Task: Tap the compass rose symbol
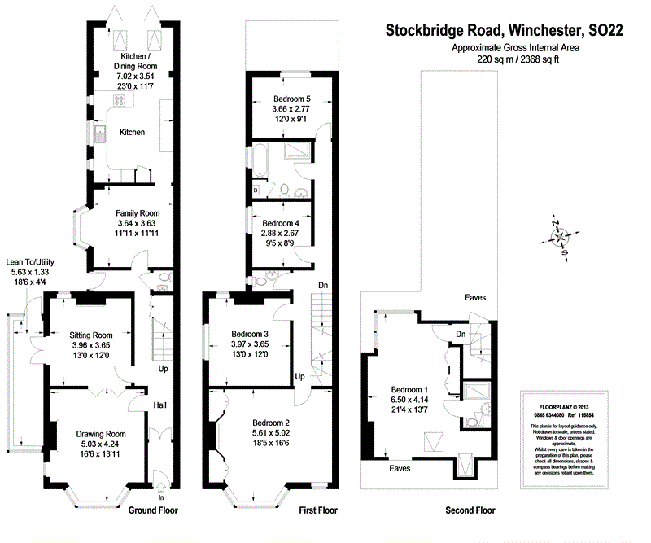tap(561, 238)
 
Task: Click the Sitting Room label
tap(91, 335)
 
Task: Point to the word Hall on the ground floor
tap(159, 405)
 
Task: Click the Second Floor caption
tap(470, 510)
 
